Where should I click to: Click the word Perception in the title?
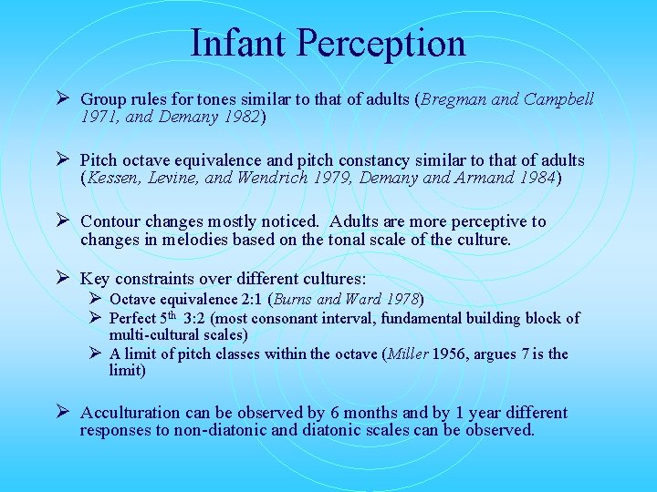384,43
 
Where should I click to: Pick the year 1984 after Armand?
533,179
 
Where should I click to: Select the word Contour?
113,221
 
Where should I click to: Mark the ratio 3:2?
198,318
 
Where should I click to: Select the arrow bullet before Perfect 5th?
94,318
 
